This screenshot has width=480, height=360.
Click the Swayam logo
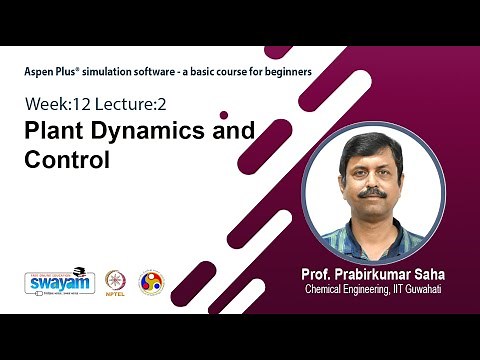pos(59,281)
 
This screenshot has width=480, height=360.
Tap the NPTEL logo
pos(117,282)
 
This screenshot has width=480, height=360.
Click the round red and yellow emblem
pos(150,282)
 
